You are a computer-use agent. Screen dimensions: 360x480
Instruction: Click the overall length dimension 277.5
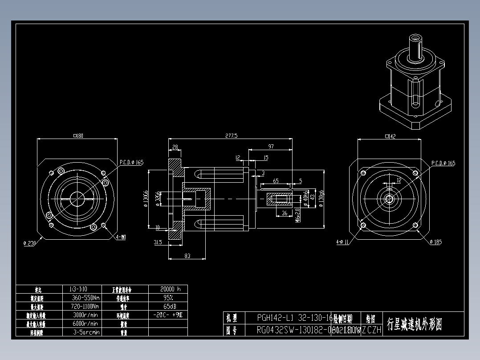(x=232, y=135)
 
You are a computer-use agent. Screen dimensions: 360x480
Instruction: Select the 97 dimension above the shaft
(x=271, y=146)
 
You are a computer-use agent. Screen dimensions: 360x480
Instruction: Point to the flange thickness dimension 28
(x=175, y=147)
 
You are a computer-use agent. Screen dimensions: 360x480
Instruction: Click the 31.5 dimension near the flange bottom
(x=157, y=242)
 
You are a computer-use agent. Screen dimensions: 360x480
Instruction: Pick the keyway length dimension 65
(x=276, y=181)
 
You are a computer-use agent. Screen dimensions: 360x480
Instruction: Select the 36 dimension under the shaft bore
(x=285, y=213)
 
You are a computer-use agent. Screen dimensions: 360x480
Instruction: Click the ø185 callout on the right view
(x=435, y=242)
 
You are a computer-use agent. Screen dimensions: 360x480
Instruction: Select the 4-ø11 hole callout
(x=342, y=242)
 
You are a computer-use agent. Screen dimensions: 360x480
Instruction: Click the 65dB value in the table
(x=168, y=307)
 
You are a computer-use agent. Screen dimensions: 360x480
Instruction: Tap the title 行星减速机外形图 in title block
(x=414, y=324)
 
